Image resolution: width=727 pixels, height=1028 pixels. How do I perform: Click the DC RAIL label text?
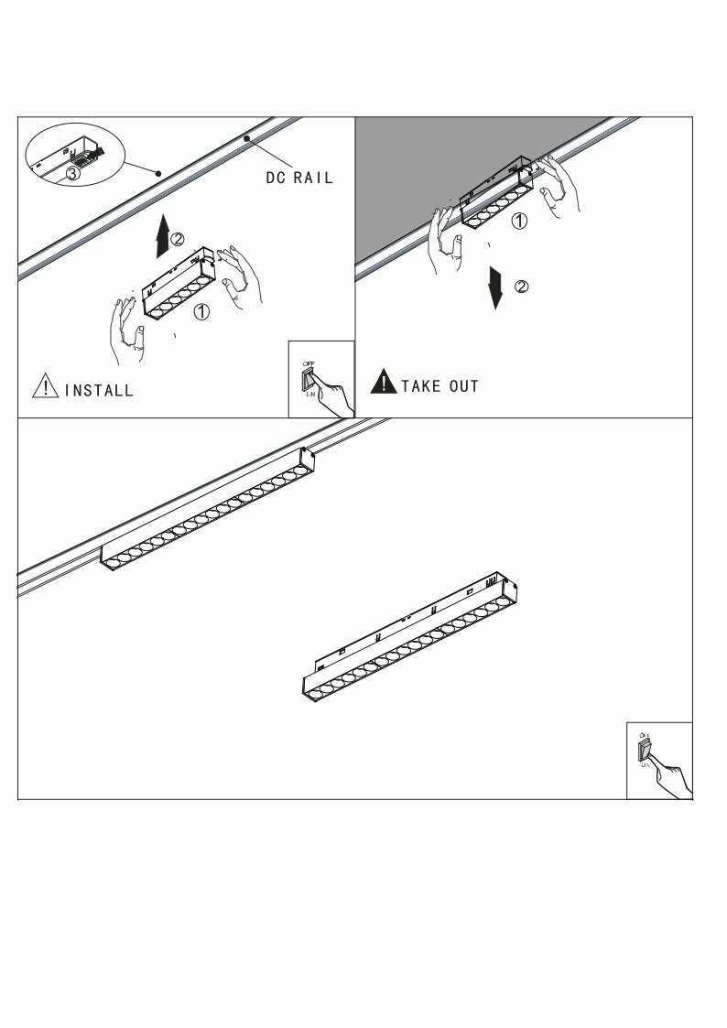[x=299, y=177]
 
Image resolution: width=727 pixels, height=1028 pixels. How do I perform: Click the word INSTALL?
[x=99, y=390]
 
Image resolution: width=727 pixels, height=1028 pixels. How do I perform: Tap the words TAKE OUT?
[x=439, y=386]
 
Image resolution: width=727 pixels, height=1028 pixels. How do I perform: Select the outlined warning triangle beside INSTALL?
[x=45, y=386]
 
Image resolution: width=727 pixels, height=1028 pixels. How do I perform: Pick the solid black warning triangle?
[x=383, y=382]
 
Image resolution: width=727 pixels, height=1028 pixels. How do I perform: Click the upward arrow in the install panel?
[x=162, y=235]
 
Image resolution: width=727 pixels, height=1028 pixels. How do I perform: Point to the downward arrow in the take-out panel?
[x=496, y=287]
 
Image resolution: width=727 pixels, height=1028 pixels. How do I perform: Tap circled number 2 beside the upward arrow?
[x=179, y=239]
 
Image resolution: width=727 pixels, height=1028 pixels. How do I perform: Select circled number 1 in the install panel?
[x=201, y=312]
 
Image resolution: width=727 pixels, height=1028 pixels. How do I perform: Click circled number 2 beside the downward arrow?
[x=522, y=287]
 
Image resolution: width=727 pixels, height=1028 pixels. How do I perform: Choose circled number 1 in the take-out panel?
[x=518, y=221]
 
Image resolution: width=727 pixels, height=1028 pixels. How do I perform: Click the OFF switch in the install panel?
[x=309, y=379]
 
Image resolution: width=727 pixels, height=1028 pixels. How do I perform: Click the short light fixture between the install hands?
[x=178, y=283]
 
